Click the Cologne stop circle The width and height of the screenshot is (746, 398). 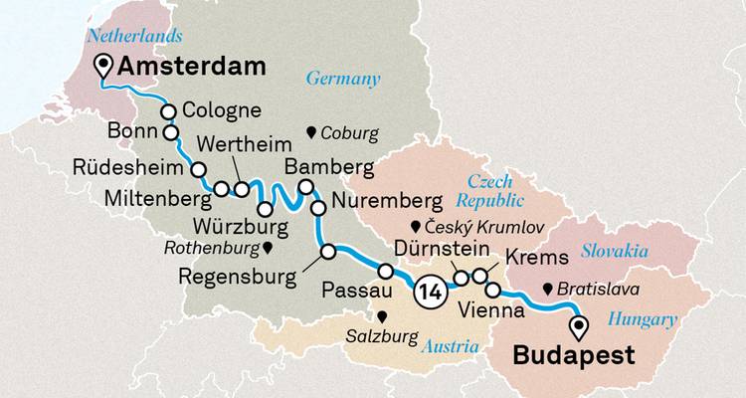click(169, 111)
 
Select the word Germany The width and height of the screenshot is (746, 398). click(343, 79)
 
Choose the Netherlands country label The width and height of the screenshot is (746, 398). click(135, 36)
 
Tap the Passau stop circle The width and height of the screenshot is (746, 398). click(385, 270)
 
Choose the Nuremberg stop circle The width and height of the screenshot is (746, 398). click(318, 208)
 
